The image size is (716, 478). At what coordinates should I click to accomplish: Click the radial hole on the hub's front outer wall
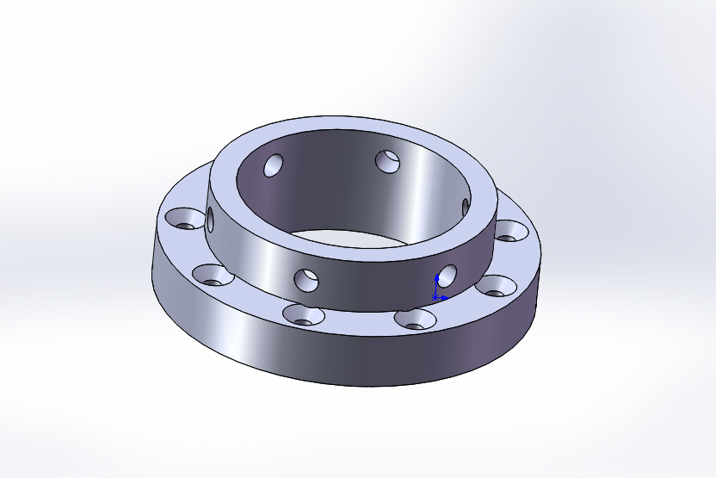click(306, 279)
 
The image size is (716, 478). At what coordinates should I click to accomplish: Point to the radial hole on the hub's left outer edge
click(210, 220)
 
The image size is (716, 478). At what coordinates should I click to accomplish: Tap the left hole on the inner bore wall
click(275, 165)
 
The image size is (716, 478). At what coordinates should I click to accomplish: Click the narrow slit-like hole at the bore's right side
click(466, 207)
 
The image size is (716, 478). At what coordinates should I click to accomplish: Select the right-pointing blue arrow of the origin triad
click(446, 298)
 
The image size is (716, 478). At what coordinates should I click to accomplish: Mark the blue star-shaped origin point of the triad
click(435, 297)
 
